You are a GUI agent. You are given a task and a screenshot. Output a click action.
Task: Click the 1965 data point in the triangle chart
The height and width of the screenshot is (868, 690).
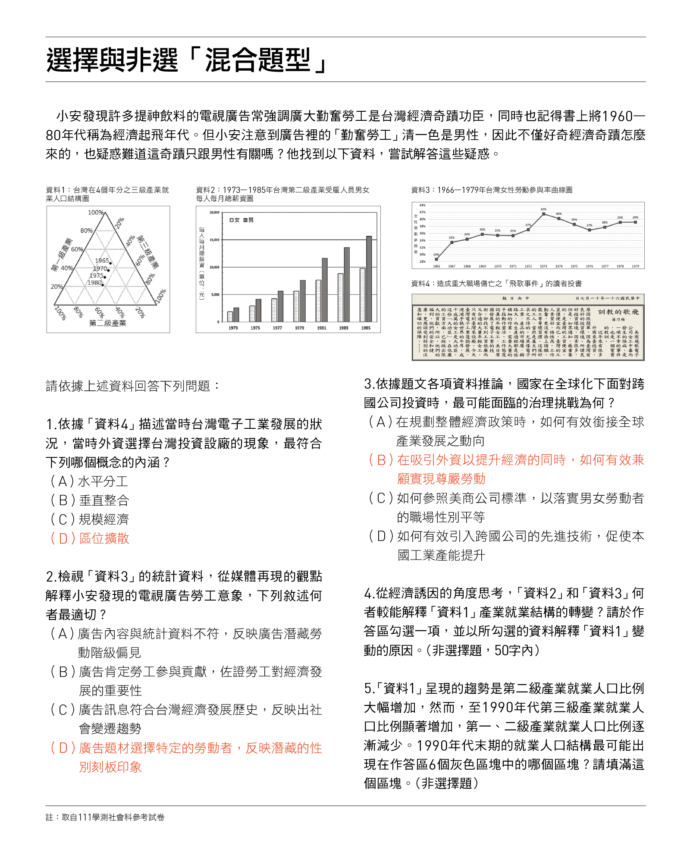coord(110,263)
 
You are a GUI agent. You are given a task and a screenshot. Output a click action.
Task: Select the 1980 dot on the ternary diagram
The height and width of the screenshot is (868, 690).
coord(103,285)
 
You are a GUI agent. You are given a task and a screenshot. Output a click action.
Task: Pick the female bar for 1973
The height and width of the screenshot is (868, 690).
coord(230,316)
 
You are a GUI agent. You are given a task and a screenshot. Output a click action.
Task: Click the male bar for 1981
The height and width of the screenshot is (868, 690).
coord(325,289)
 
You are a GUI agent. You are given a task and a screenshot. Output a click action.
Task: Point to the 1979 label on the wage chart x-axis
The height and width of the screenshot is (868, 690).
coord(299,328)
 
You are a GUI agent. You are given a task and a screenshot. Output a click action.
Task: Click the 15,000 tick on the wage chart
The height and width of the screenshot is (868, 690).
coord(214,239)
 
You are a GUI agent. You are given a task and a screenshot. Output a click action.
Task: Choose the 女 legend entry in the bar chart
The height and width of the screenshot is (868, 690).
coord(235,220)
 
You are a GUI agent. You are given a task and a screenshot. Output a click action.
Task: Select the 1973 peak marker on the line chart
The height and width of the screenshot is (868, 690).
coord(543,214)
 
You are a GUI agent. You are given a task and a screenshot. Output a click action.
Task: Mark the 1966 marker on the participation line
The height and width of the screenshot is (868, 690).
coord(436,259)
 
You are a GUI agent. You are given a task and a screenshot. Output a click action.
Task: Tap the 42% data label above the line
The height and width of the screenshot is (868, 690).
coord(543,209)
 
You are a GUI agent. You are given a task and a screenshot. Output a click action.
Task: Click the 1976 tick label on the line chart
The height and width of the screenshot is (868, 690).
coord(590,266)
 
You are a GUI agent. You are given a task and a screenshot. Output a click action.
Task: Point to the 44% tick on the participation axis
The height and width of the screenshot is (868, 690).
coord(422,205)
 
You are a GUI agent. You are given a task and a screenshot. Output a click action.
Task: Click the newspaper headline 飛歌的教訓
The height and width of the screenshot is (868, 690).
coord(618,312)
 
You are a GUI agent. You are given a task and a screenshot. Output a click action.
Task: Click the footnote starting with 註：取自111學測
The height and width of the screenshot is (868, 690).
coord(105,817)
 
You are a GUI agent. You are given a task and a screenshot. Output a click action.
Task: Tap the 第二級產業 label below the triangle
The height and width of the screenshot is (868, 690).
coord(107,323)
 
